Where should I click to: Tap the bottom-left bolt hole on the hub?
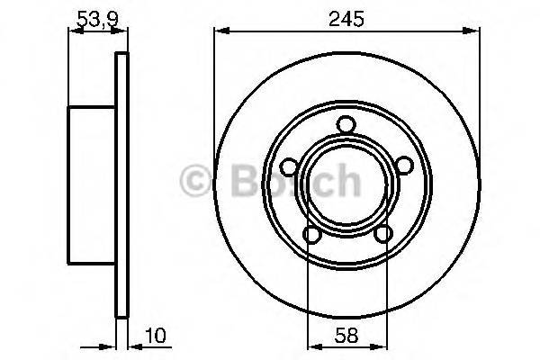pyautogui.click(x=311, y=235)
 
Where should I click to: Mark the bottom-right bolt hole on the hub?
pyautogui.click(x=382, y=235)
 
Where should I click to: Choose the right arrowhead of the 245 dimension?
pyautogui.click(x=472, y=32)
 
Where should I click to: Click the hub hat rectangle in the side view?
pyautogui.click(x=92, y=184)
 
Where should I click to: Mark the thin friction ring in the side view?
pyautogui.click(x=121, y=184)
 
